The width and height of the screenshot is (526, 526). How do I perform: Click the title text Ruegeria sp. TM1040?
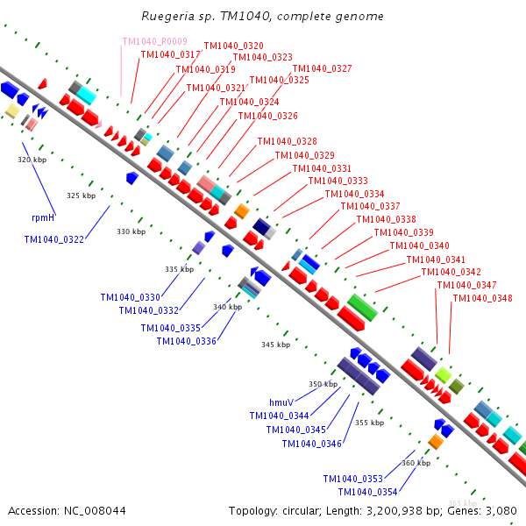pyautogui.click(x=262, y=17)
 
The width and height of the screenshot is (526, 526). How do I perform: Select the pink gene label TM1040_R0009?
pyautogui.click(x=154, y=41)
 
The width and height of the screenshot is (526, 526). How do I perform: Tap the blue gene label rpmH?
pyautogui.click(x=43, y=217)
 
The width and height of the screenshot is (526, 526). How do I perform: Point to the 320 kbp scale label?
pyautogui.click(x=31, y=160)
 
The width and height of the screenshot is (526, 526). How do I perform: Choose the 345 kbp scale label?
pyautogui.click(x=275, y=345)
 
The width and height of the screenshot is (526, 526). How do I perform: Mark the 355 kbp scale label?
pyautogui.click(x=369, y=423)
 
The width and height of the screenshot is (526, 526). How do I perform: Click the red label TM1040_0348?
pyautogui.click(x=482, y=298)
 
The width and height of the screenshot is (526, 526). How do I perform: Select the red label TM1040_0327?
pyautogui.click(x=322, y=68)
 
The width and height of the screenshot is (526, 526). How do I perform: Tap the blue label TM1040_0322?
pyautogui.click(x=54, y=238)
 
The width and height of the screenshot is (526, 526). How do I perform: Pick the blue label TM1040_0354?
pyautogui.click(x=368, y=492)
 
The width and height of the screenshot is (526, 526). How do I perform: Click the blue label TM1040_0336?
pyautogui.click(x=187, y=341)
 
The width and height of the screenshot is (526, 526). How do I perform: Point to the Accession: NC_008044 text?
pyautogui.click(x=67, y=510)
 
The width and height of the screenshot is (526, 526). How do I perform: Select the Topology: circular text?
pyautogui.click(x=268, y=510)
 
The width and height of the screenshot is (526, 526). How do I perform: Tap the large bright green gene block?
pyautogui.click(x=362, y=307)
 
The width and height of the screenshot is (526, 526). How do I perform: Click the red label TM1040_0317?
pyautogui.click(x=171, y=54)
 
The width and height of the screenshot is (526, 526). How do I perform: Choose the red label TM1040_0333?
pyautogui.click(x=338, y=181)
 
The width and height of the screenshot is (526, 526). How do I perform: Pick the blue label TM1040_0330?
pyautogui.click(x=130, y=297)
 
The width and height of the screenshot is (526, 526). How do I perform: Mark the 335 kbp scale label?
pyautogui.click(x=179, y=269)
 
